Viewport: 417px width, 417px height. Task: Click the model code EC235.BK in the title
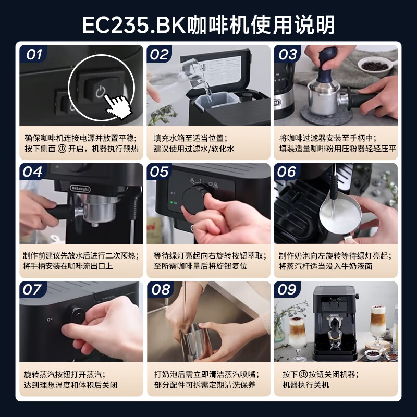click(x=133, y=24)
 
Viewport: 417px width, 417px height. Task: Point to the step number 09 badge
click(x=287, y=290)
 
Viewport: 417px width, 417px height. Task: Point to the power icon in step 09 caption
click(x=304, y=374)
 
